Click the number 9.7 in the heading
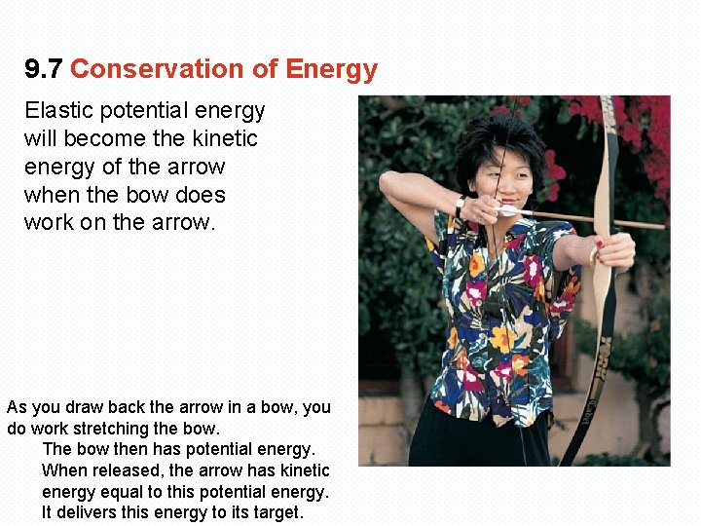pos(44,70)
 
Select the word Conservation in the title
pos(135,70)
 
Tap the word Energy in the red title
pos(331,70)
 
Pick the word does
pos(199,195)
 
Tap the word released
pos(127,470)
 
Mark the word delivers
pos(93,512)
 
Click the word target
pos(277,512)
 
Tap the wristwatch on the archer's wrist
pos(459,207)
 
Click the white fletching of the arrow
pos(508,210)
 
